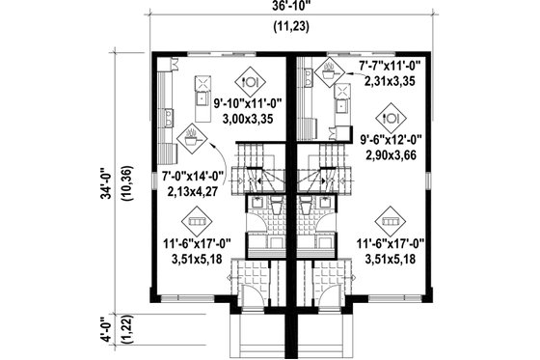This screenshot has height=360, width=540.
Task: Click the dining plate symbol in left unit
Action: [249, 80]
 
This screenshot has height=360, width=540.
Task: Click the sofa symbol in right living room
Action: [391, 215]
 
